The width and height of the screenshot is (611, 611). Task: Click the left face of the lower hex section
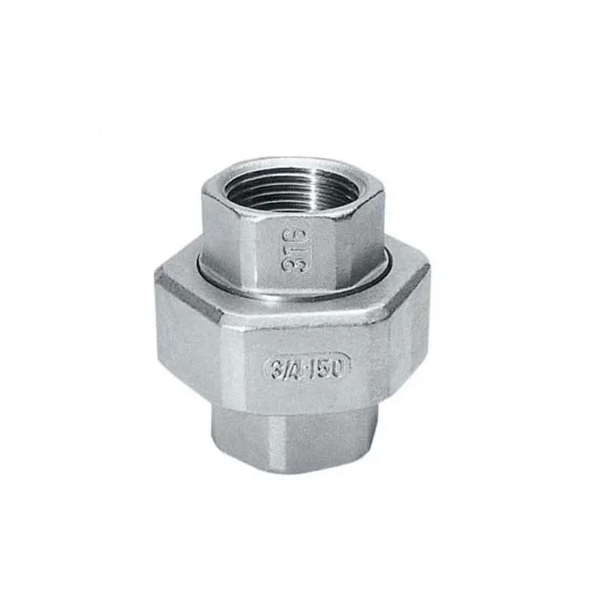pos(237,428)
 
